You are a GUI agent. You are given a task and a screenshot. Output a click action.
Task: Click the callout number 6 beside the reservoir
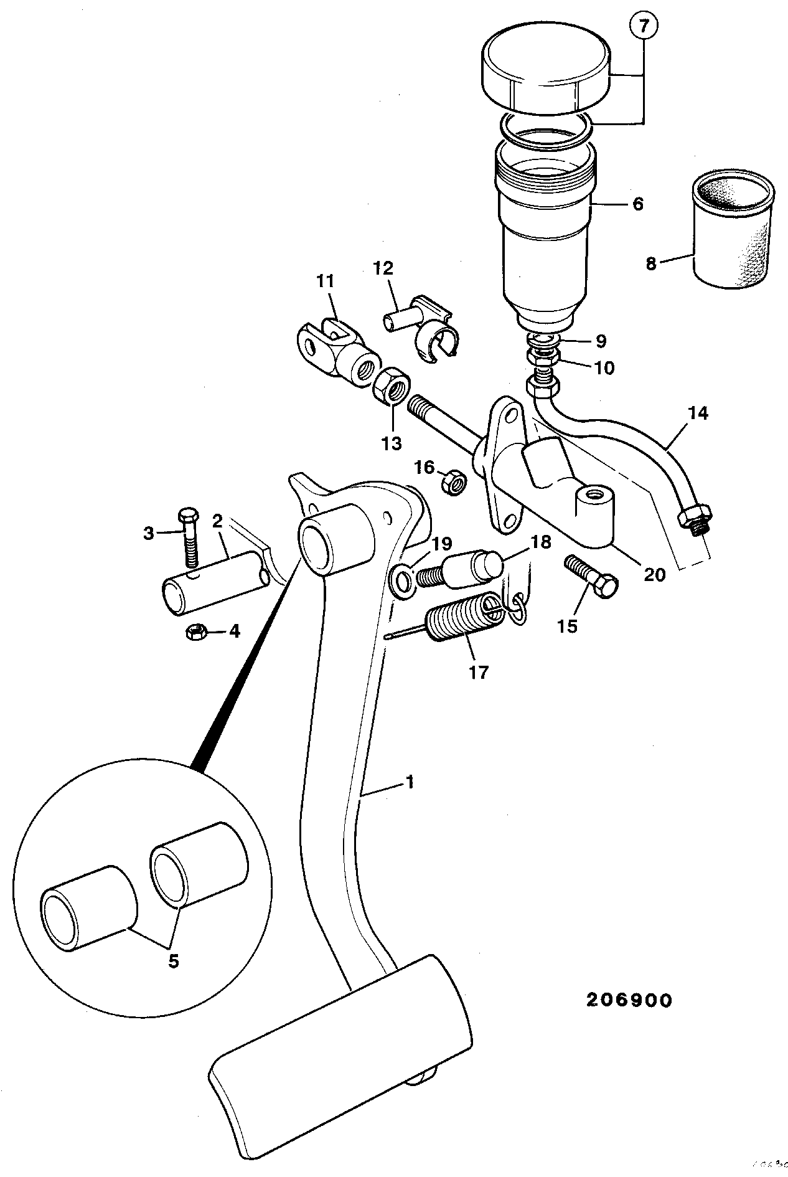tap(637, 204)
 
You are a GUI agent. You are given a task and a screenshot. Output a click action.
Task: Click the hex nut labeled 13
tap(391, 386)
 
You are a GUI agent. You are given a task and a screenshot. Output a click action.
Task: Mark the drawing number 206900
tap(629, 1000)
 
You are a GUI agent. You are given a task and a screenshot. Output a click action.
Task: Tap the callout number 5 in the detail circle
tap(173, 961)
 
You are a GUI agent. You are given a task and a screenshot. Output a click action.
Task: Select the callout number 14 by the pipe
tap(698, 414)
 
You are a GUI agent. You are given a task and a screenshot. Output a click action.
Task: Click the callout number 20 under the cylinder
tap(654, 574)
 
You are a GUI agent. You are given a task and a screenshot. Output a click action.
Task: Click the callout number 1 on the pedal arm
tap(409, 782)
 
